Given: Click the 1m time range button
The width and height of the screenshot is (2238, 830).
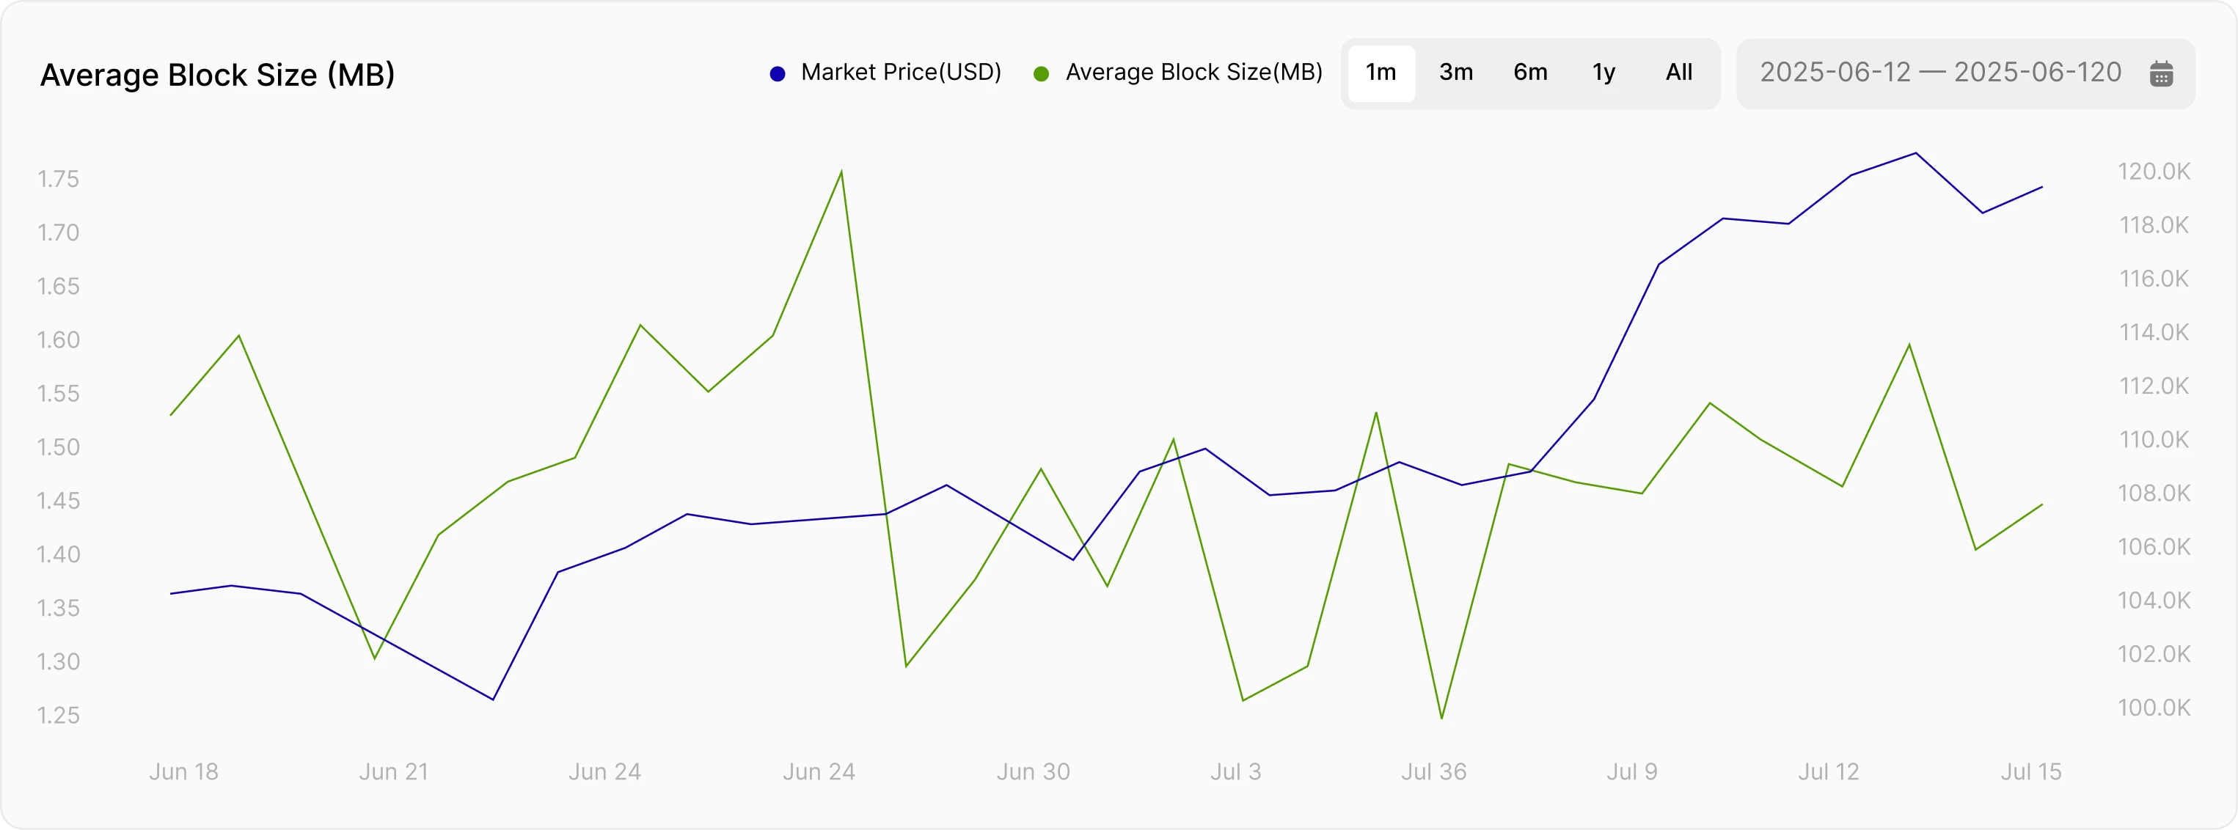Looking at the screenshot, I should (1381, 73).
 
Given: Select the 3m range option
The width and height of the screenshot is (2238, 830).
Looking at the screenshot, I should (1456, 73).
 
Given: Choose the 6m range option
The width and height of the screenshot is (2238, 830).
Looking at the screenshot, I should (1530, 73).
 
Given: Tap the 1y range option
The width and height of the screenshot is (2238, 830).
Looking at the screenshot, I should (1603, 73).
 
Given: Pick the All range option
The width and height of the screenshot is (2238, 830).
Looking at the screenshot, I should (1678, 73).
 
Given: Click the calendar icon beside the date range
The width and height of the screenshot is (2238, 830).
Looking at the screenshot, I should (2162, 74).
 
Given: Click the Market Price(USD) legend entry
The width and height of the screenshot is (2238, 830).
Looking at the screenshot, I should (886, 73).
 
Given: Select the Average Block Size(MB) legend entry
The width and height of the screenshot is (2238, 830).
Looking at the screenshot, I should (1179, 73).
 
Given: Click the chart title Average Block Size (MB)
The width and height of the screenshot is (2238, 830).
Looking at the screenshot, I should (217, 75).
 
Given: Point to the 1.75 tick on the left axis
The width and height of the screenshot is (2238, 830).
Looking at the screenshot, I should (58, 179).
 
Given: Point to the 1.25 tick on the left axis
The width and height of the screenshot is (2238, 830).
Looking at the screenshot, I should (58, 716).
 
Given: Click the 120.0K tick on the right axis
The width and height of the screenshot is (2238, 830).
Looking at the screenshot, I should (2154, 171).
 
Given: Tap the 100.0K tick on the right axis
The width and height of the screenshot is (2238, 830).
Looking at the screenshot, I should (2154, 708).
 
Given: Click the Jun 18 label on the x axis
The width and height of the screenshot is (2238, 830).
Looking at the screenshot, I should (183, 772).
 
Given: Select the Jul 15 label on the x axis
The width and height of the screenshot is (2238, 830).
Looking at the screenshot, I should (2030, 772).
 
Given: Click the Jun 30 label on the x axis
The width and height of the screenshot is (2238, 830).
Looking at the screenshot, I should (1033, 772).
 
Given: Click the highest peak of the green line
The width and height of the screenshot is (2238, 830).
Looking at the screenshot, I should (841, 171).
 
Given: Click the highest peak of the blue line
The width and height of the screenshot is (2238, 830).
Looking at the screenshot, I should (1917, 154).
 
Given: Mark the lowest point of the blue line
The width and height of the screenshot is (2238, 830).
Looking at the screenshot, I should (493, 699).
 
